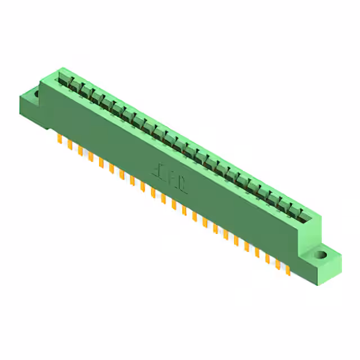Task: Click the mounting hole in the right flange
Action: click(x=321, y=255)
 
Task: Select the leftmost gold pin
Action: click(x=59, y=139)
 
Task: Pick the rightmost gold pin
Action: click(x=287, y=269)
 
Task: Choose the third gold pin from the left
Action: click(x=80, y=150)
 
